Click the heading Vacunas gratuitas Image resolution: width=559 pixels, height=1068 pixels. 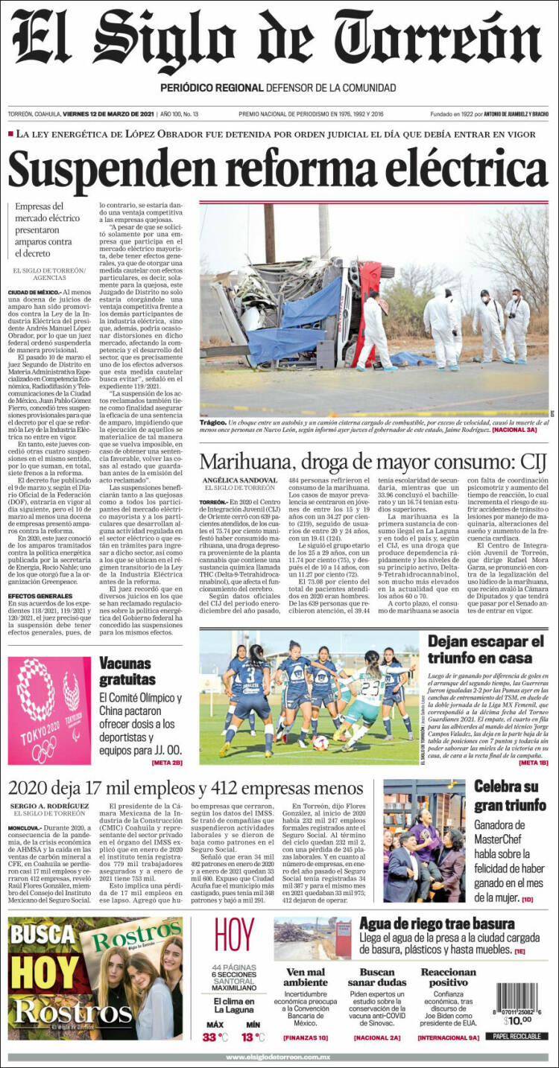coord(127,671)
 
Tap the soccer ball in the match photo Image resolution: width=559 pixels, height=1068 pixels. coord(320,743)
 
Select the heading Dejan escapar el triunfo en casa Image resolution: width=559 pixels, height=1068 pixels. coord(486,649)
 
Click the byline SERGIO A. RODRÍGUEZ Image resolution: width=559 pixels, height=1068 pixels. coord(50,806)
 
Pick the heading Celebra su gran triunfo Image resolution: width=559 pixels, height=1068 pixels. coord(510,795)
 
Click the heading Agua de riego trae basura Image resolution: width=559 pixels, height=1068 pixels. coord(436,924)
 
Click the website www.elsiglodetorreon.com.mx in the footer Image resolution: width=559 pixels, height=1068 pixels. coord(279,1057)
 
